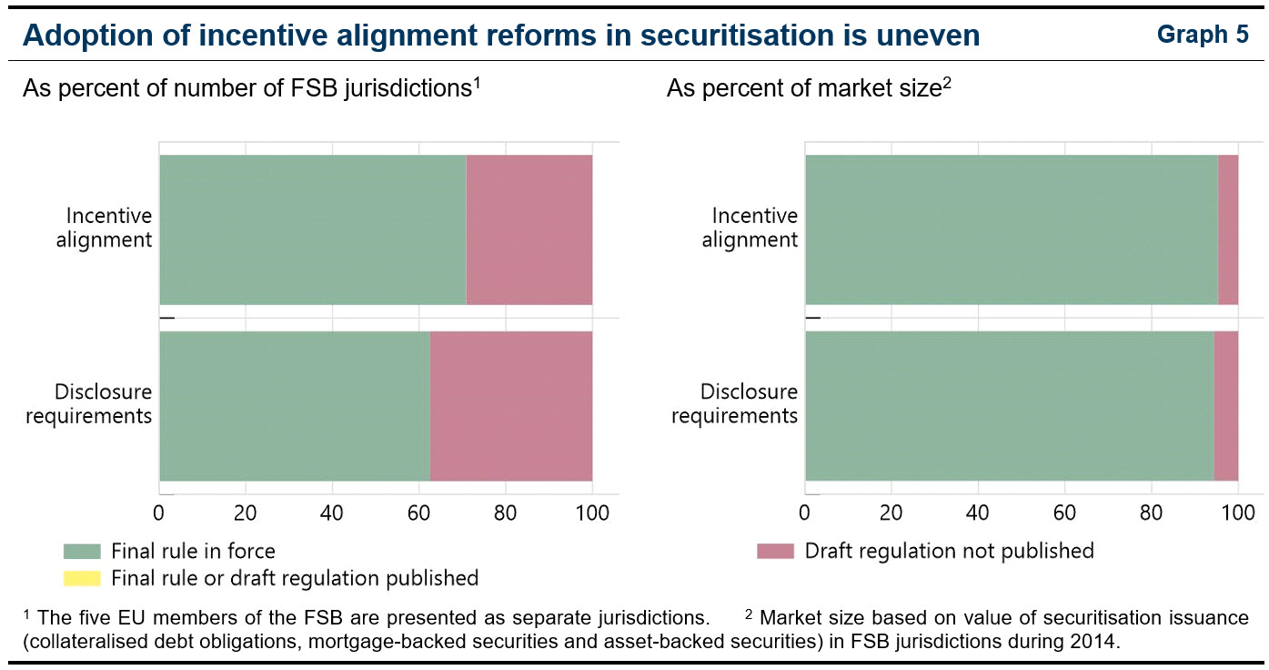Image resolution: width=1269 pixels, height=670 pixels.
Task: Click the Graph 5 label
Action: (1203, 35)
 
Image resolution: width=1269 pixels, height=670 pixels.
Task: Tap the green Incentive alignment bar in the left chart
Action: (312, 229)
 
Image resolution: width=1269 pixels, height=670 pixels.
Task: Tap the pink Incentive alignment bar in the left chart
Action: (529, 229)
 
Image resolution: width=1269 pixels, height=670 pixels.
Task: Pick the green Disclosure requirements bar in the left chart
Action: (294, 406)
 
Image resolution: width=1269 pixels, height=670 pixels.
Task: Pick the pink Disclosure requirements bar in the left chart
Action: (510, 406)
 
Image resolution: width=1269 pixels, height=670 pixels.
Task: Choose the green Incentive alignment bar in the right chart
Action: (1011, 229)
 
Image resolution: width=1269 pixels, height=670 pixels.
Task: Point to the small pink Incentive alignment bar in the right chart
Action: (1227, 229)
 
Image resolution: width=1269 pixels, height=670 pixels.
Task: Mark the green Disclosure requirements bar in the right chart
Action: (1009, 406)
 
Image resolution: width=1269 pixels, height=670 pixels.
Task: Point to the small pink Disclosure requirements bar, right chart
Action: (1225, 406)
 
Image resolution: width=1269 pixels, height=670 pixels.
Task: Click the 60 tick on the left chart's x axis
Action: (418, 513)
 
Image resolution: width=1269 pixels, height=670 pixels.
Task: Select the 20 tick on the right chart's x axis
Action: (891, 513)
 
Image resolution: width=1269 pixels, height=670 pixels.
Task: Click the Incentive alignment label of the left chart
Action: (108, 228)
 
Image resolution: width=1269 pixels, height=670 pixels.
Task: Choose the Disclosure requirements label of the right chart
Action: (748, 404)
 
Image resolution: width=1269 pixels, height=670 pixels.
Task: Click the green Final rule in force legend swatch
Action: (82, 551)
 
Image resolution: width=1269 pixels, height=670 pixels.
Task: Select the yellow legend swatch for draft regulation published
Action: (82, 577)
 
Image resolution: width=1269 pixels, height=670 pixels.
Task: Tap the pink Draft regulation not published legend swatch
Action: (775, 551)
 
